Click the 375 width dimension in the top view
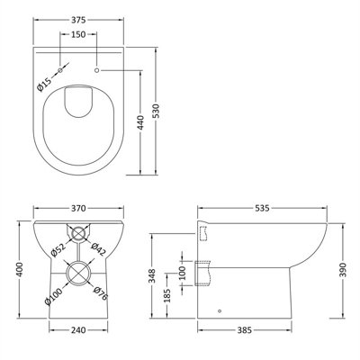point(78,20)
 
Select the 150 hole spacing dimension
point(78,34)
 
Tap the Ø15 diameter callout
point(44,85)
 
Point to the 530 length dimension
point(157,112)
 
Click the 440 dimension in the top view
point(140,122)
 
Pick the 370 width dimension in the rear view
point(78,208)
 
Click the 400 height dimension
point(20,270)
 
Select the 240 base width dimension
point(78,330)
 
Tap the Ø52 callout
point(58,249)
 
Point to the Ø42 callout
point(99,249)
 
